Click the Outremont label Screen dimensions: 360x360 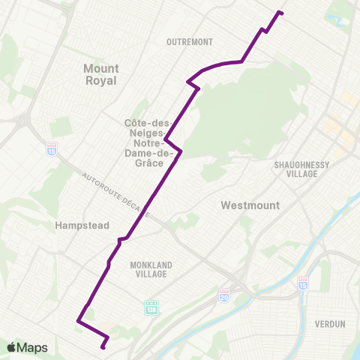click(x=190, y=42)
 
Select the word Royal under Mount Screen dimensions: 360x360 click(x=101, y=80)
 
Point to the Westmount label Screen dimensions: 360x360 click(x=250, y=205)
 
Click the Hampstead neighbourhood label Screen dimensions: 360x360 click(x=82, y=225)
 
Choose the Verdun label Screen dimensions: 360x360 click(x=330, y=324)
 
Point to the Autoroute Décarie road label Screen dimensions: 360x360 click(x=116, y=195)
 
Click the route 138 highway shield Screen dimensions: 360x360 click(x=151, y=307)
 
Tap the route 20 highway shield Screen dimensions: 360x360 click(x=224, y=292)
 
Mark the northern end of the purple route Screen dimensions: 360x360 click(x=280, y=12)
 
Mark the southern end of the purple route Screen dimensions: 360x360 click(x=103, y=347)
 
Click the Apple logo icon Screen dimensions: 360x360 click(x=11, y=347)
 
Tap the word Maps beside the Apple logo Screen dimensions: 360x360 click(x=32, y=347)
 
